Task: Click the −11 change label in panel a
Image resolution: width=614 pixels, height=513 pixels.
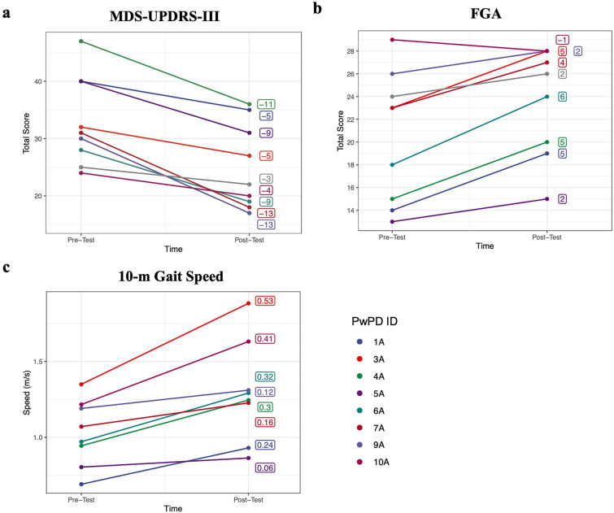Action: pyautogui.click(x=266, y=105)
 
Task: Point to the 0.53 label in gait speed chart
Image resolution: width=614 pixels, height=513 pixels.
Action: pyautogui.click(x=265, y=301)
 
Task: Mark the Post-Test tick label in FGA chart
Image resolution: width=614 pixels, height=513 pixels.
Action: pyautogui.click(x=547, y=237)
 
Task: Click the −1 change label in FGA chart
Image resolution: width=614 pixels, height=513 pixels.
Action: pyautogui.click(x=562, y=39)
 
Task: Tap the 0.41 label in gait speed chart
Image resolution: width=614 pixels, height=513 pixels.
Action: pyautogui.click(x=265, y=338)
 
